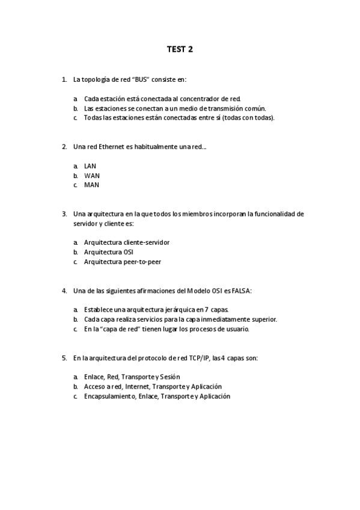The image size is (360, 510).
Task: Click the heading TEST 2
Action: [x=180, y=49]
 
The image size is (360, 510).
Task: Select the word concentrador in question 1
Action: [x=198, y=99]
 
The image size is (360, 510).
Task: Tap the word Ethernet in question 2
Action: [x=111, y=146]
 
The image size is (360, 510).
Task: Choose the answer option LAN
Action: [x=90, y=165]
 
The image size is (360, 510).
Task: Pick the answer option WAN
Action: [x=91, y=175]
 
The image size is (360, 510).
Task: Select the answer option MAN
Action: [x=91, y=185]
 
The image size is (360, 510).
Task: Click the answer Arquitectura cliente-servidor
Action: [x=126, y=242]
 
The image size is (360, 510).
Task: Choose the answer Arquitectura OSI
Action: [x=108, y=252]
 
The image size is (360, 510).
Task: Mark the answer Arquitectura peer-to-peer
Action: [x=122, y=262]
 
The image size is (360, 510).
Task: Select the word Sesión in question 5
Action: [x=177, y=377]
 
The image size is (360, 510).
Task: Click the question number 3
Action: [x=64, y=214]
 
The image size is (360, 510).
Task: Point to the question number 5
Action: [x=64, y=358]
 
